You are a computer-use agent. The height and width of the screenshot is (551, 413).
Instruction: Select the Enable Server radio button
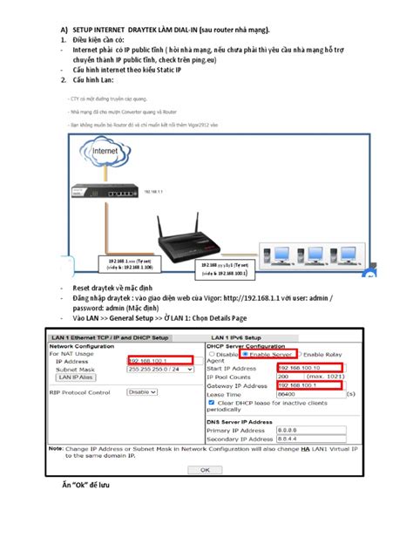pyautogui.click(x=246, y=353)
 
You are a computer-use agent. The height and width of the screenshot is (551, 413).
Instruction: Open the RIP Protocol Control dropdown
pyautogui.click(x=141, y=391)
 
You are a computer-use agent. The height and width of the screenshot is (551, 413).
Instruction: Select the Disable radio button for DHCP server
pyautogui.click(x=212, y=353)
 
